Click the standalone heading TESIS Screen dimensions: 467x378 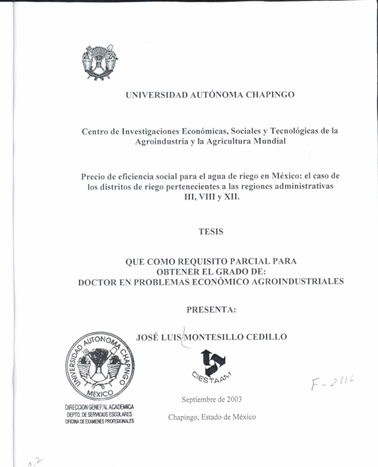click(211, 232)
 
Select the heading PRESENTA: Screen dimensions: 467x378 click(211, 310)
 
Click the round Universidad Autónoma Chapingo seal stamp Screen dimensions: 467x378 click(100, 366)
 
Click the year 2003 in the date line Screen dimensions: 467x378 click(234, 399)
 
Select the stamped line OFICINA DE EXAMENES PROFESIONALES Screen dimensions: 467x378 click(99, 421)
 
